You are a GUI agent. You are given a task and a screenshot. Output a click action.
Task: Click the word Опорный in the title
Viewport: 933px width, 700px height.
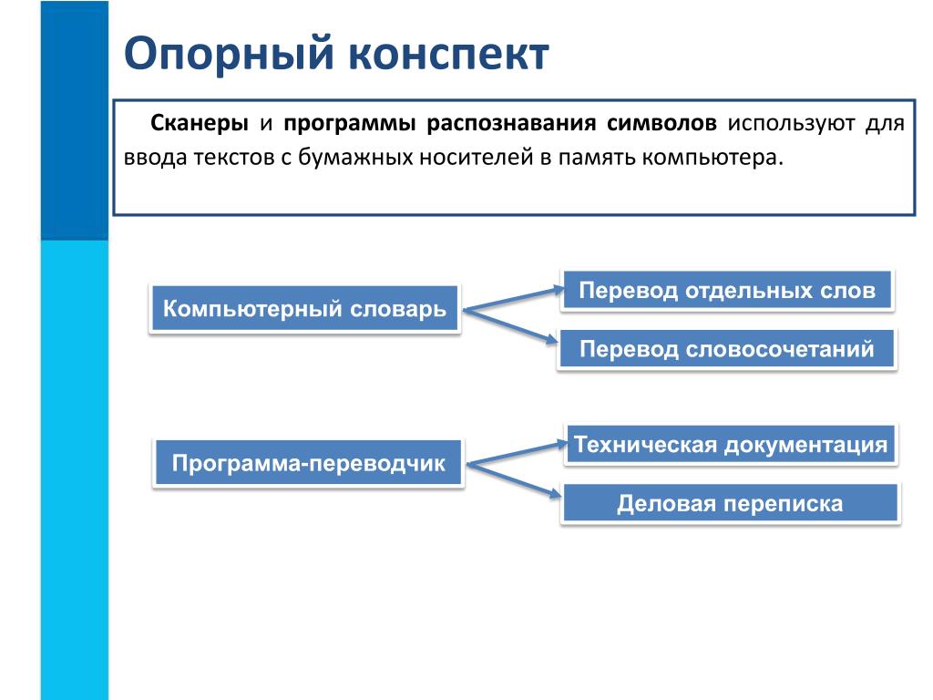tap(229, 55)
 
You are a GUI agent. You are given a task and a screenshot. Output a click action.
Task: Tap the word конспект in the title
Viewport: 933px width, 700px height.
tap(448, 55)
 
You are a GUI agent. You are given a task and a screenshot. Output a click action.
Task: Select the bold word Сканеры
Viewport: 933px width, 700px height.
tap(200, 123)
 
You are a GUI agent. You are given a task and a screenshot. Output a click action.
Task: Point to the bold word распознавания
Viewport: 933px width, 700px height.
tap(511, 124)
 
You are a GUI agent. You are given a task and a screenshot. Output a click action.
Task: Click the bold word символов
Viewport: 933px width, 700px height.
tap(661, 123)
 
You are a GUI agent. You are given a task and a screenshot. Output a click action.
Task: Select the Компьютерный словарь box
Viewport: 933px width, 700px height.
tap(304, 308)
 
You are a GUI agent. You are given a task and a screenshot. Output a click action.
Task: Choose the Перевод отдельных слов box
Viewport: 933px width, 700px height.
tap(727, 291)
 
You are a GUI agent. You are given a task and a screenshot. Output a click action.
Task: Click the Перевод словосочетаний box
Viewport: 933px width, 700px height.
tap(726, 349)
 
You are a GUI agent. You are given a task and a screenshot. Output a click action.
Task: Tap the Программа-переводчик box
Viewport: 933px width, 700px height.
tap(308, 463)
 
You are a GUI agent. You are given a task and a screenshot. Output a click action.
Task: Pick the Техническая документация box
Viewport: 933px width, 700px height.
tap(731, 444)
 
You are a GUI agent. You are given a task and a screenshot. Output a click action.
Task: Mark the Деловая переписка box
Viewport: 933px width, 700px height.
tap(730, 503)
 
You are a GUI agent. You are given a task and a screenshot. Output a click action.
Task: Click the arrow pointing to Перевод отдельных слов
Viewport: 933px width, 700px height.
tap(514, 299)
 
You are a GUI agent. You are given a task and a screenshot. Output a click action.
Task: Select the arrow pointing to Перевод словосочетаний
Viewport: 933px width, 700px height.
tap(511, 325)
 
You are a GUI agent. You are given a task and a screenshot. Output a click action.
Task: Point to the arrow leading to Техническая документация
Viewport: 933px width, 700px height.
tap(518, 453)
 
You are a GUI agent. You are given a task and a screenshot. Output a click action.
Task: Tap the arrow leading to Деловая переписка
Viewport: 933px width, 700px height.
tap(514, 479)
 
